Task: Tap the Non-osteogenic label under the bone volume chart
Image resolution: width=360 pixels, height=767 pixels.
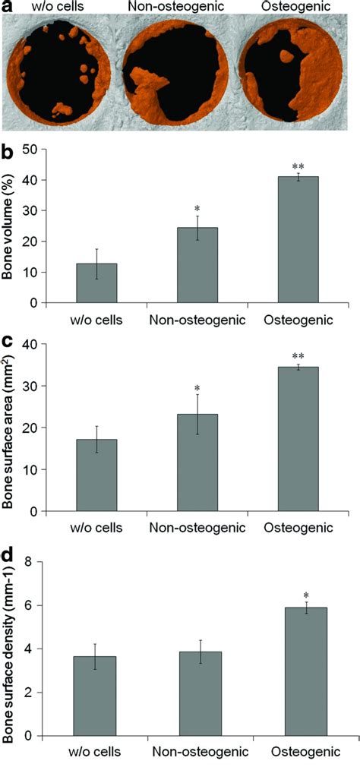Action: click(197, 320)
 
